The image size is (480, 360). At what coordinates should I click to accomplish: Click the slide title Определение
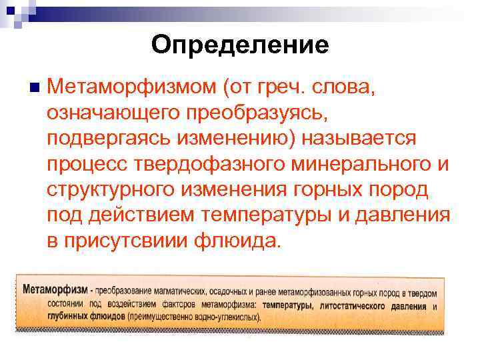[239, 45]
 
